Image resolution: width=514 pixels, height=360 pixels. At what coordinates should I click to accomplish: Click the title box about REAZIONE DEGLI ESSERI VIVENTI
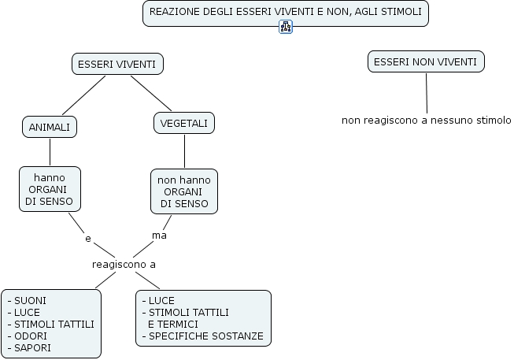[x=285, y=13]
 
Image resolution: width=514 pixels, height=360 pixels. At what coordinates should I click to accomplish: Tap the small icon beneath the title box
[x=285, y=28]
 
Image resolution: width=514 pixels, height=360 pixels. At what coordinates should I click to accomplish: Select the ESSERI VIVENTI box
[x=117, y=64]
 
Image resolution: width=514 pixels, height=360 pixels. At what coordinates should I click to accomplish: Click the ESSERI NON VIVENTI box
[x=425, y=61]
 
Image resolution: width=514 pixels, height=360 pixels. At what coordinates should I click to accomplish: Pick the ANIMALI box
[x=49, y=127]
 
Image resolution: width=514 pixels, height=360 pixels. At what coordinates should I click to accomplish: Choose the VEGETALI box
[x=183, y=124]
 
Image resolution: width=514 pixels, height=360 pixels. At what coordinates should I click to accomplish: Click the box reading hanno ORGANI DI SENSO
[x=50, y=189]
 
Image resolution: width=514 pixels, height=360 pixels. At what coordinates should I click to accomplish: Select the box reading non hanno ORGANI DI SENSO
[x=184, y=191]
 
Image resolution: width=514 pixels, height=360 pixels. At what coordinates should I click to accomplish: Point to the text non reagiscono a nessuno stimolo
[x=426, y=121]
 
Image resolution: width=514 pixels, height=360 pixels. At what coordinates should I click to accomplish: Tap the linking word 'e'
[x=87, y=237]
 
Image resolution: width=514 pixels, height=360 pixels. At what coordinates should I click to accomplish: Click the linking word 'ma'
[x=159, y=235]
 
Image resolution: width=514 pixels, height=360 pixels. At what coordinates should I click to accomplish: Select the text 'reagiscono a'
[x=124, y=264]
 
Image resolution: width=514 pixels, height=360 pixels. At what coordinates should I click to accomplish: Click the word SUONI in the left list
[x=29, y=300]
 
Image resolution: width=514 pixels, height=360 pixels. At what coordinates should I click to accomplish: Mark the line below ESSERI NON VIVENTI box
[x=427, y=93]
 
